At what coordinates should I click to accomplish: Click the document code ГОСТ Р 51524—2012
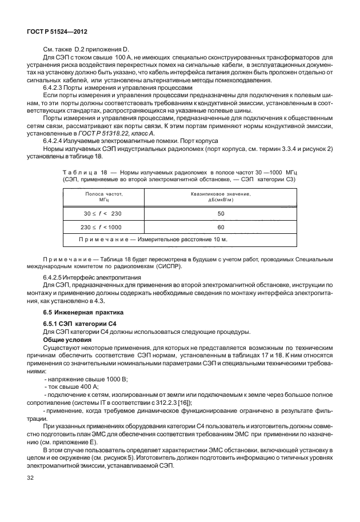(55, 33)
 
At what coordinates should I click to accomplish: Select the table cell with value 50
(221, 213)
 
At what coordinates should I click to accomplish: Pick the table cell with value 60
(221, 226)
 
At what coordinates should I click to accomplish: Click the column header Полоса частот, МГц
(104, 197)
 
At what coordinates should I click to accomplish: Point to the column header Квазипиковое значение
(221, 194)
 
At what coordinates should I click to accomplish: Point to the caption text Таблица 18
(81, 172)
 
